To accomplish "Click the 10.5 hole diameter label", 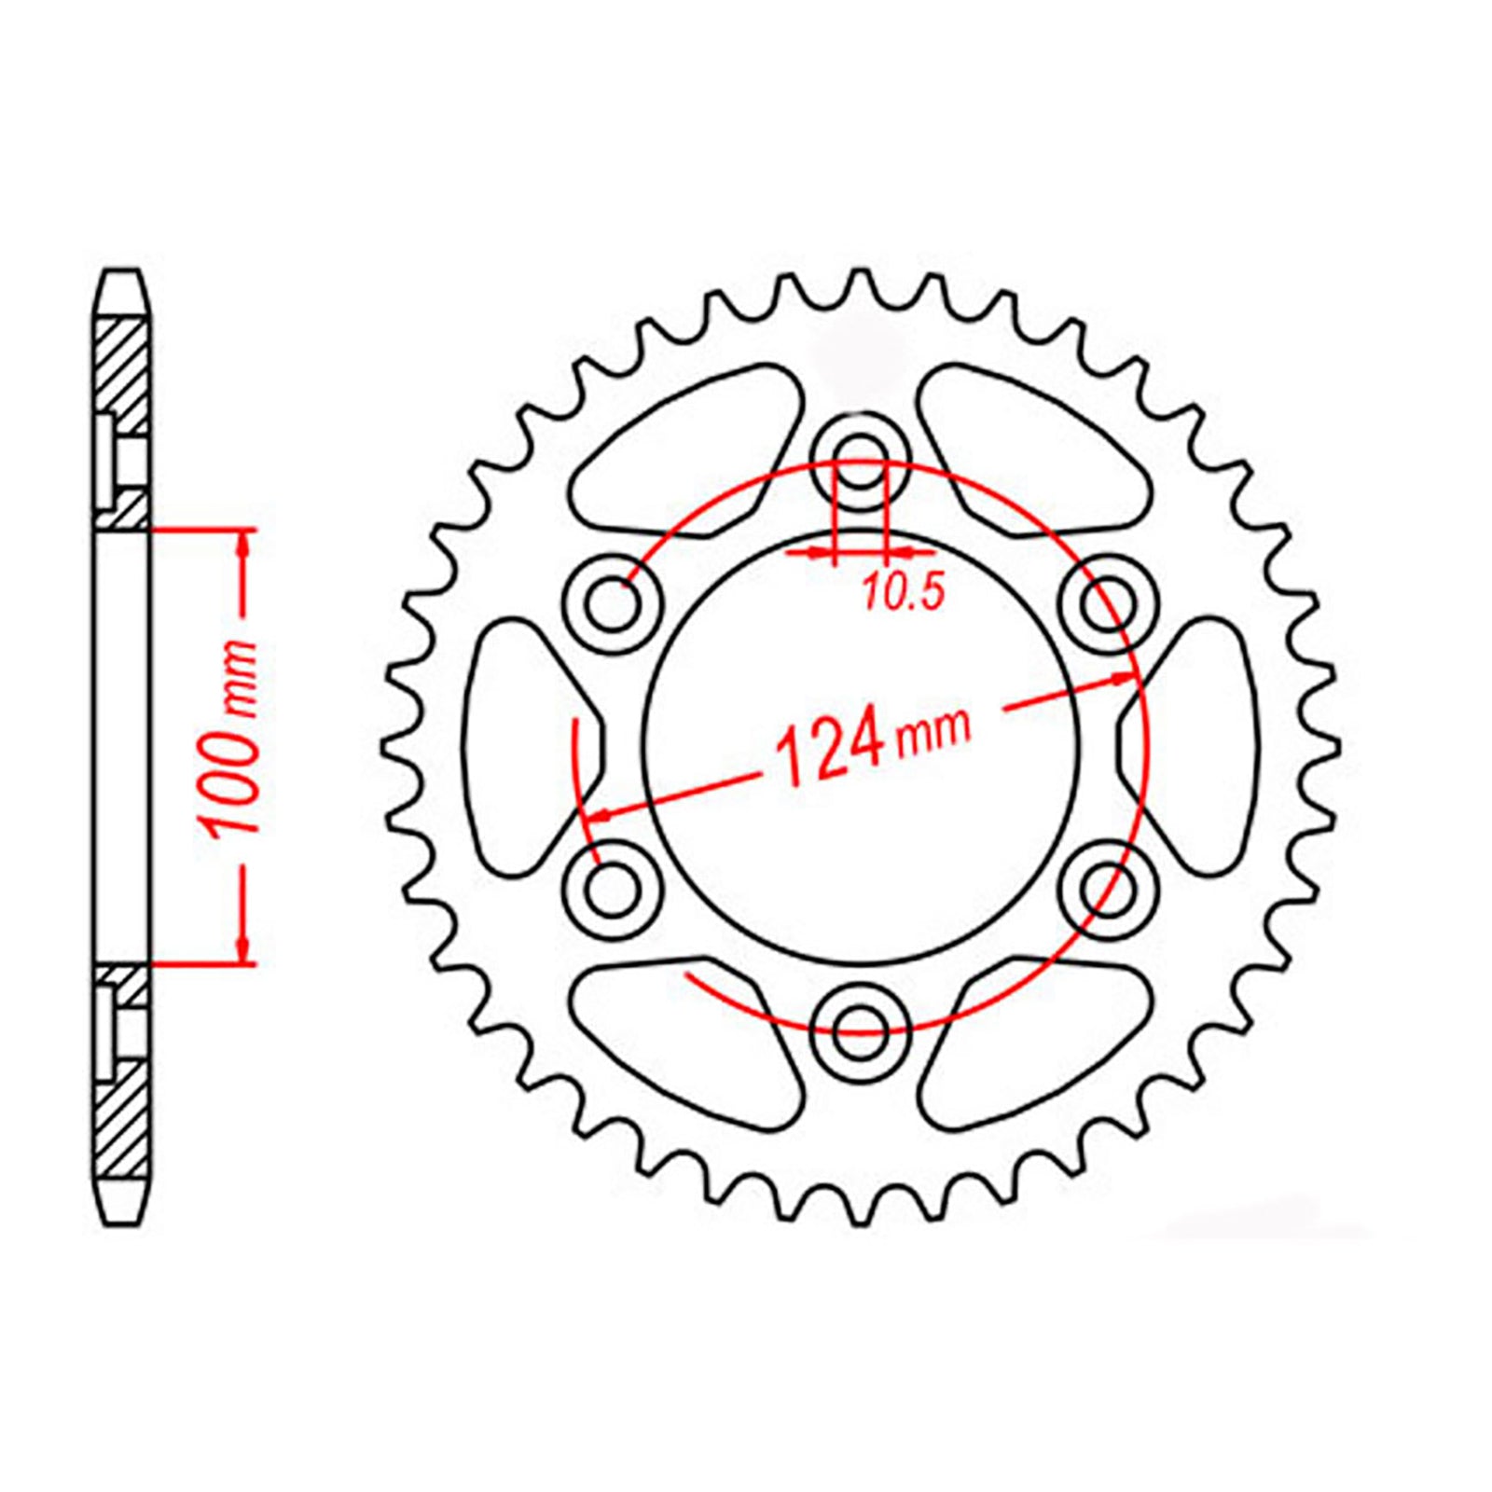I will click(x=903, y=591).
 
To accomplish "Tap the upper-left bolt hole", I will click(x=614, y=605).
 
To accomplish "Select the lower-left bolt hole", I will click(x=614, y=889).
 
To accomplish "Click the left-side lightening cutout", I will click(x=518, y=746).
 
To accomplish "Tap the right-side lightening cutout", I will click(x=1203, y=746).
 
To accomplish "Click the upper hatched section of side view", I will click(x=121, y=373).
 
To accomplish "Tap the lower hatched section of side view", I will click(x=121, y=1119).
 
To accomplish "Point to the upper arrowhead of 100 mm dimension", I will click(x=244, y=545).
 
